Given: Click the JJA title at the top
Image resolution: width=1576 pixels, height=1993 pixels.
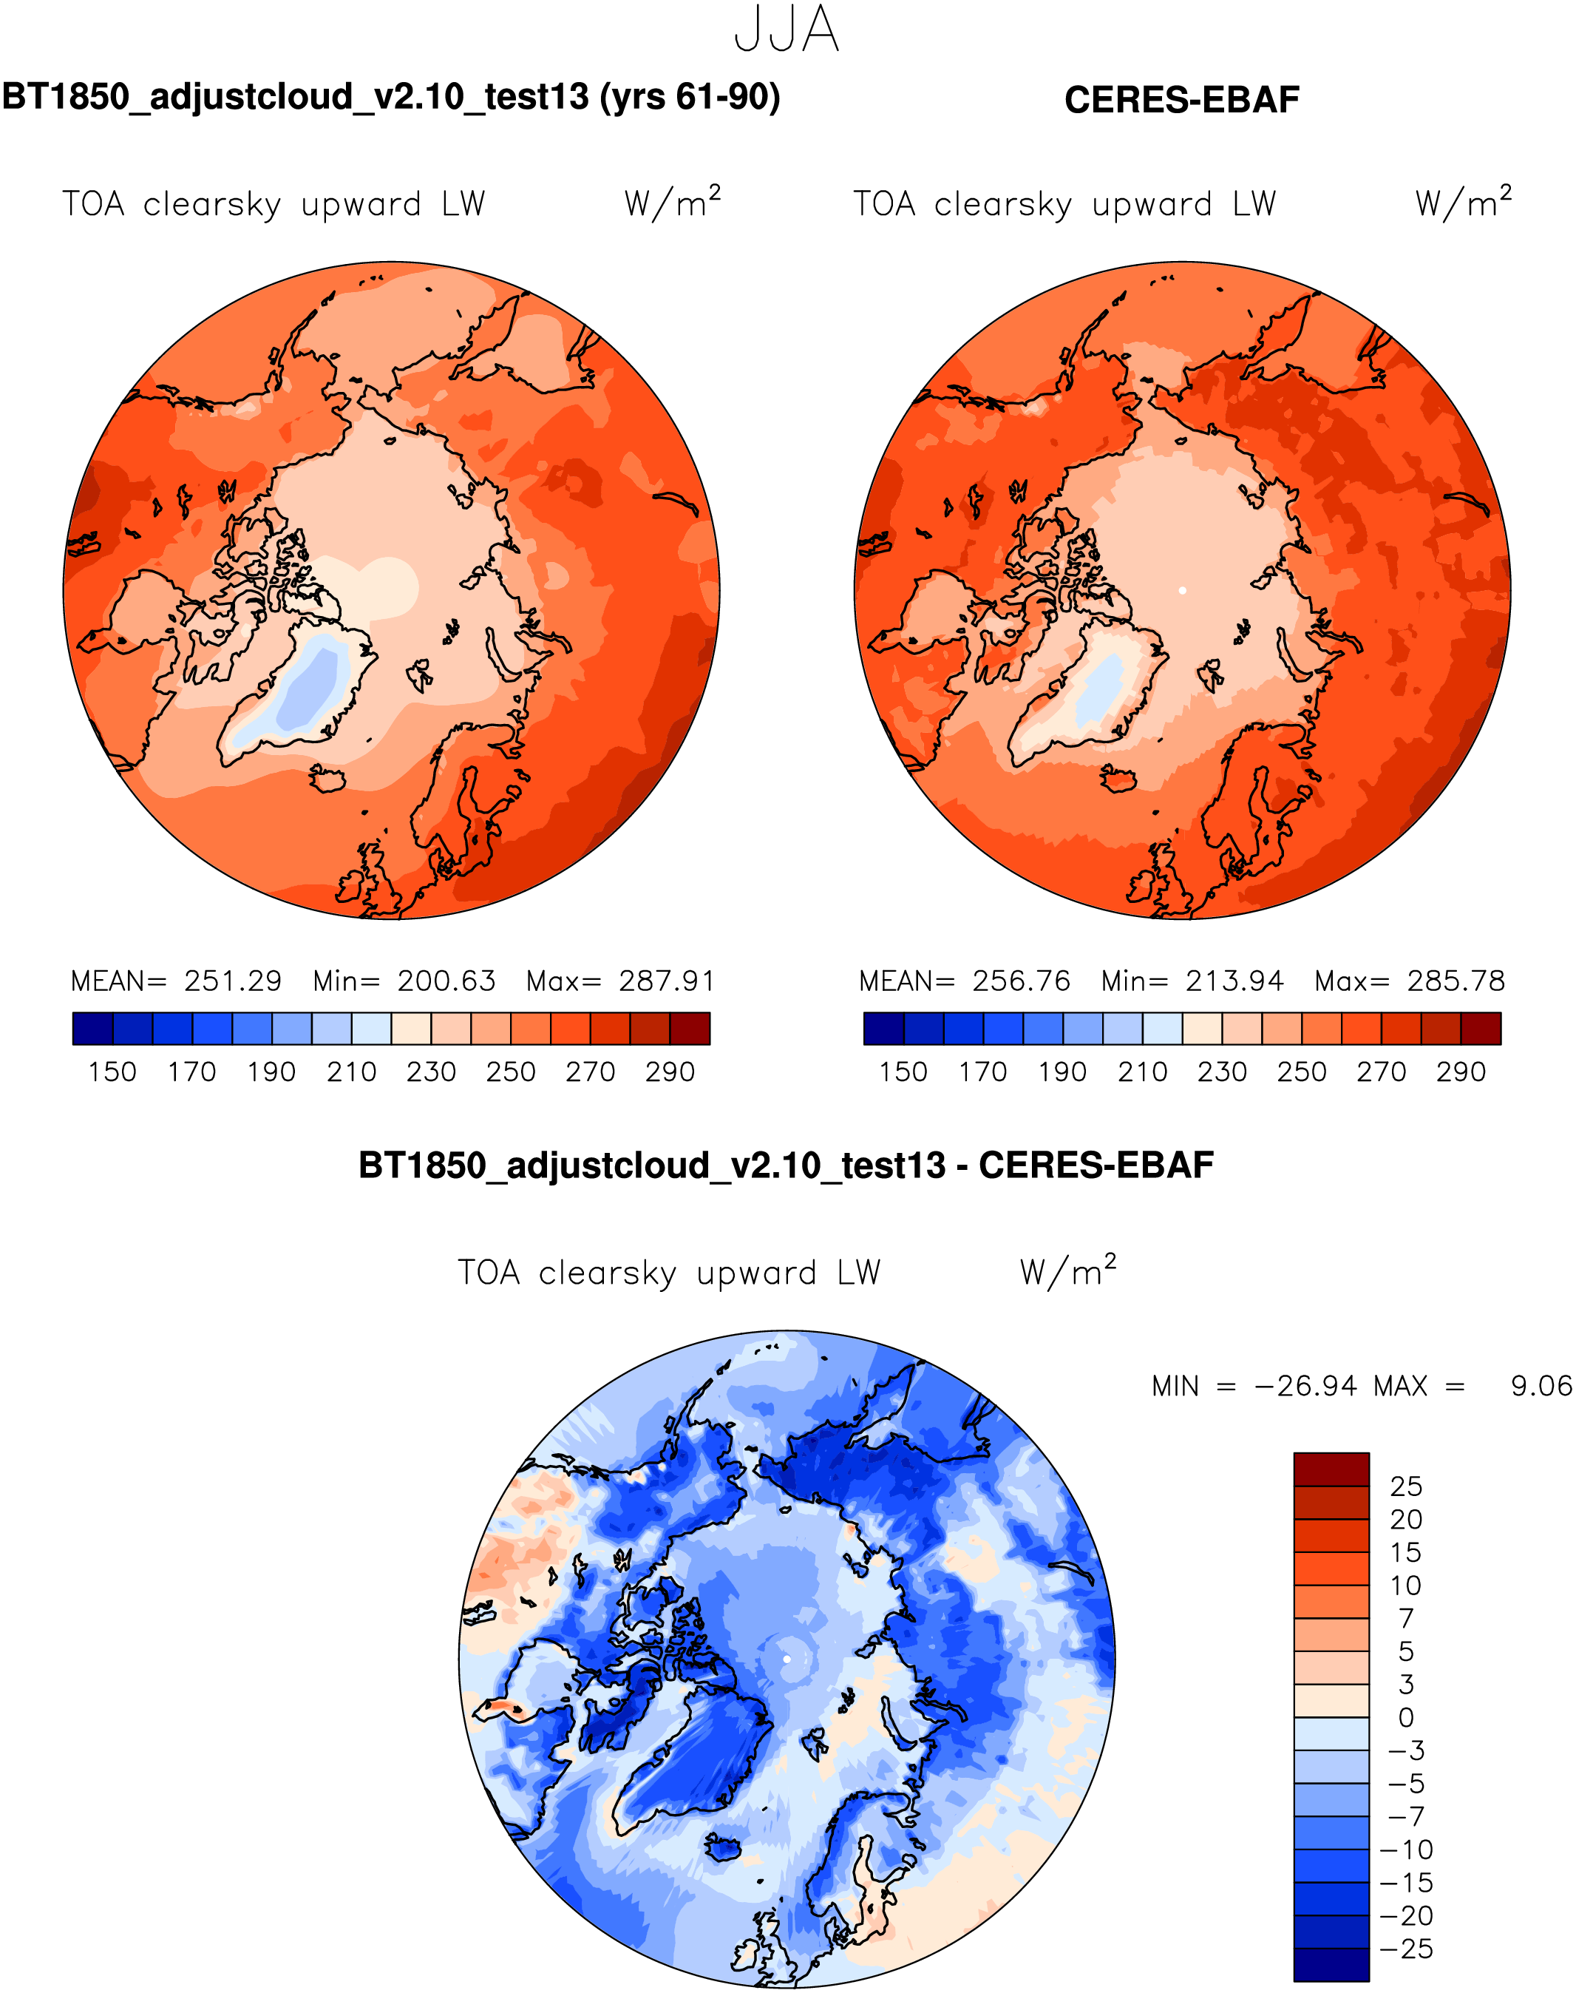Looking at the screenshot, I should click(x=787, y=30).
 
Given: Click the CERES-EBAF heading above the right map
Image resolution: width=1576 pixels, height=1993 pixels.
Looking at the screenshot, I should click(x=1181, y=100).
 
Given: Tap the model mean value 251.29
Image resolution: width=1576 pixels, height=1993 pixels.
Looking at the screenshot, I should click(x=233, y=981).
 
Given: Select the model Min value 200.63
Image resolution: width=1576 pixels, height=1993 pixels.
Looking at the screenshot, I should click(x=446, y=981).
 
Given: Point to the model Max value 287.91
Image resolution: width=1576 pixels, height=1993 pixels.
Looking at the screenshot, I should click(x=666, y=981).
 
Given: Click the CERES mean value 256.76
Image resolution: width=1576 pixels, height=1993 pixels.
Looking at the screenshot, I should click(x=1022, y=981).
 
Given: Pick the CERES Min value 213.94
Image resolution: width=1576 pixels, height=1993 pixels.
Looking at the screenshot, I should click(x=1234, y=981).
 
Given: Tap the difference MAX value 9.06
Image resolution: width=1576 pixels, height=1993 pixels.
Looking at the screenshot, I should click(x=1540, y=1386).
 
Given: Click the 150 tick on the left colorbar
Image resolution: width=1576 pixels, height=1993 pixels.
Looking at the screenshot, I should click(x=112, y=1072).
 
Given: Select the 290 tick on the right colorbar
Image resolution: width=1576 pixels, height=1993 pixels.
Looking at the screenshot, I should click(x=1461, y=1072).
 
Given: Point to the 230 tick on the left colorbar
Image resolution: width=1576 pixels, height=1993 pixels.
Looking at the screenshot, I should click(x=431, y=1072).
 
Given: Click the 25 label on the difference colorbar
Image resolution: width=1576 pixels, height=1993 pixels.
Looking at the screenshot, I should click(x=1406, y=1486).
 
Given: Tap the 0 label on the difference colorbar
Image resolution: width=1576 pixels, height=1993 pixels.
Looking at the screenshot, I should click(x=1406, y=1717).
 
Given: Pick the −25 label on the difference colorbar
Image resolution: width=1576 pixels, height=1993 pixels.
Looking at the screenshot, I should click(x=1406, y=1949).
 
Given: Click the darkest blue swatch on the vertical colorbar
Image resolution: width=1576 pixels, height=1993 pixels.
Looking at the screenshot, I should click(x=1331, y=1963).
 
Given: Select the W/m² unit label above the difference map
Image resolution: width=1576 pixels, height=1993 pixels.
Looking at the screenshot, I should click(x=1067, y=1270).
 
